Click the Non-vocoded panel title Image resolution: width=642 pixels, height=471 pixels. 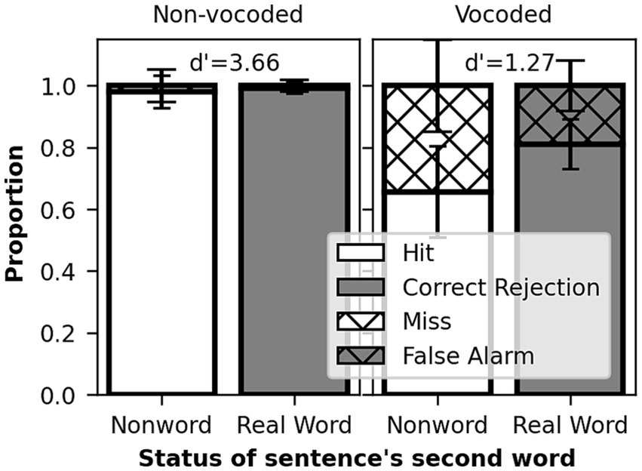click(x=227, y=14)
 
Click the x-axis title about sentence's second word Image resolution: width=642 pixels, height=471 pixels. click(x=356, y=457)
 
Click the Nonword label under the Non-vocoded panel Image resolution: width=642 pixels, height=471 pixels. click(x=161, y=426)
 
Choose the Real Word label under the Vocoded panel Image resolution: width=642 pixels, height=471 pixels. click(x=570, y=426)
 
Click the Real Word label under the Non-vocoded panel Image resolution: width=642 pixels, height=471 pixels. click(x=294, y=426)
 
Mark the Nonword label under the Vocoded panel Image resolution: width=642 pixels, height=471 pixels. click(x=438, y=426)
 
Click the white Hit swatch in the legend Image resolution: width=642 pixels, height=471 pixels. click(x=361, y=254)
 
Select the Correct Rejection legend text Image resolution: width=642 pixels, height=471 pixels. click(x=501, y=288)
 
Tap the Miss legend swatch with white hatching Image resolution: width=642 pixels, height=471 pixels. click(x=361, y=322)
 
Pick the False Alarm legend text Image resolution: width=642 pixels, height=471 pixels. click(x=468, y=355)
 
